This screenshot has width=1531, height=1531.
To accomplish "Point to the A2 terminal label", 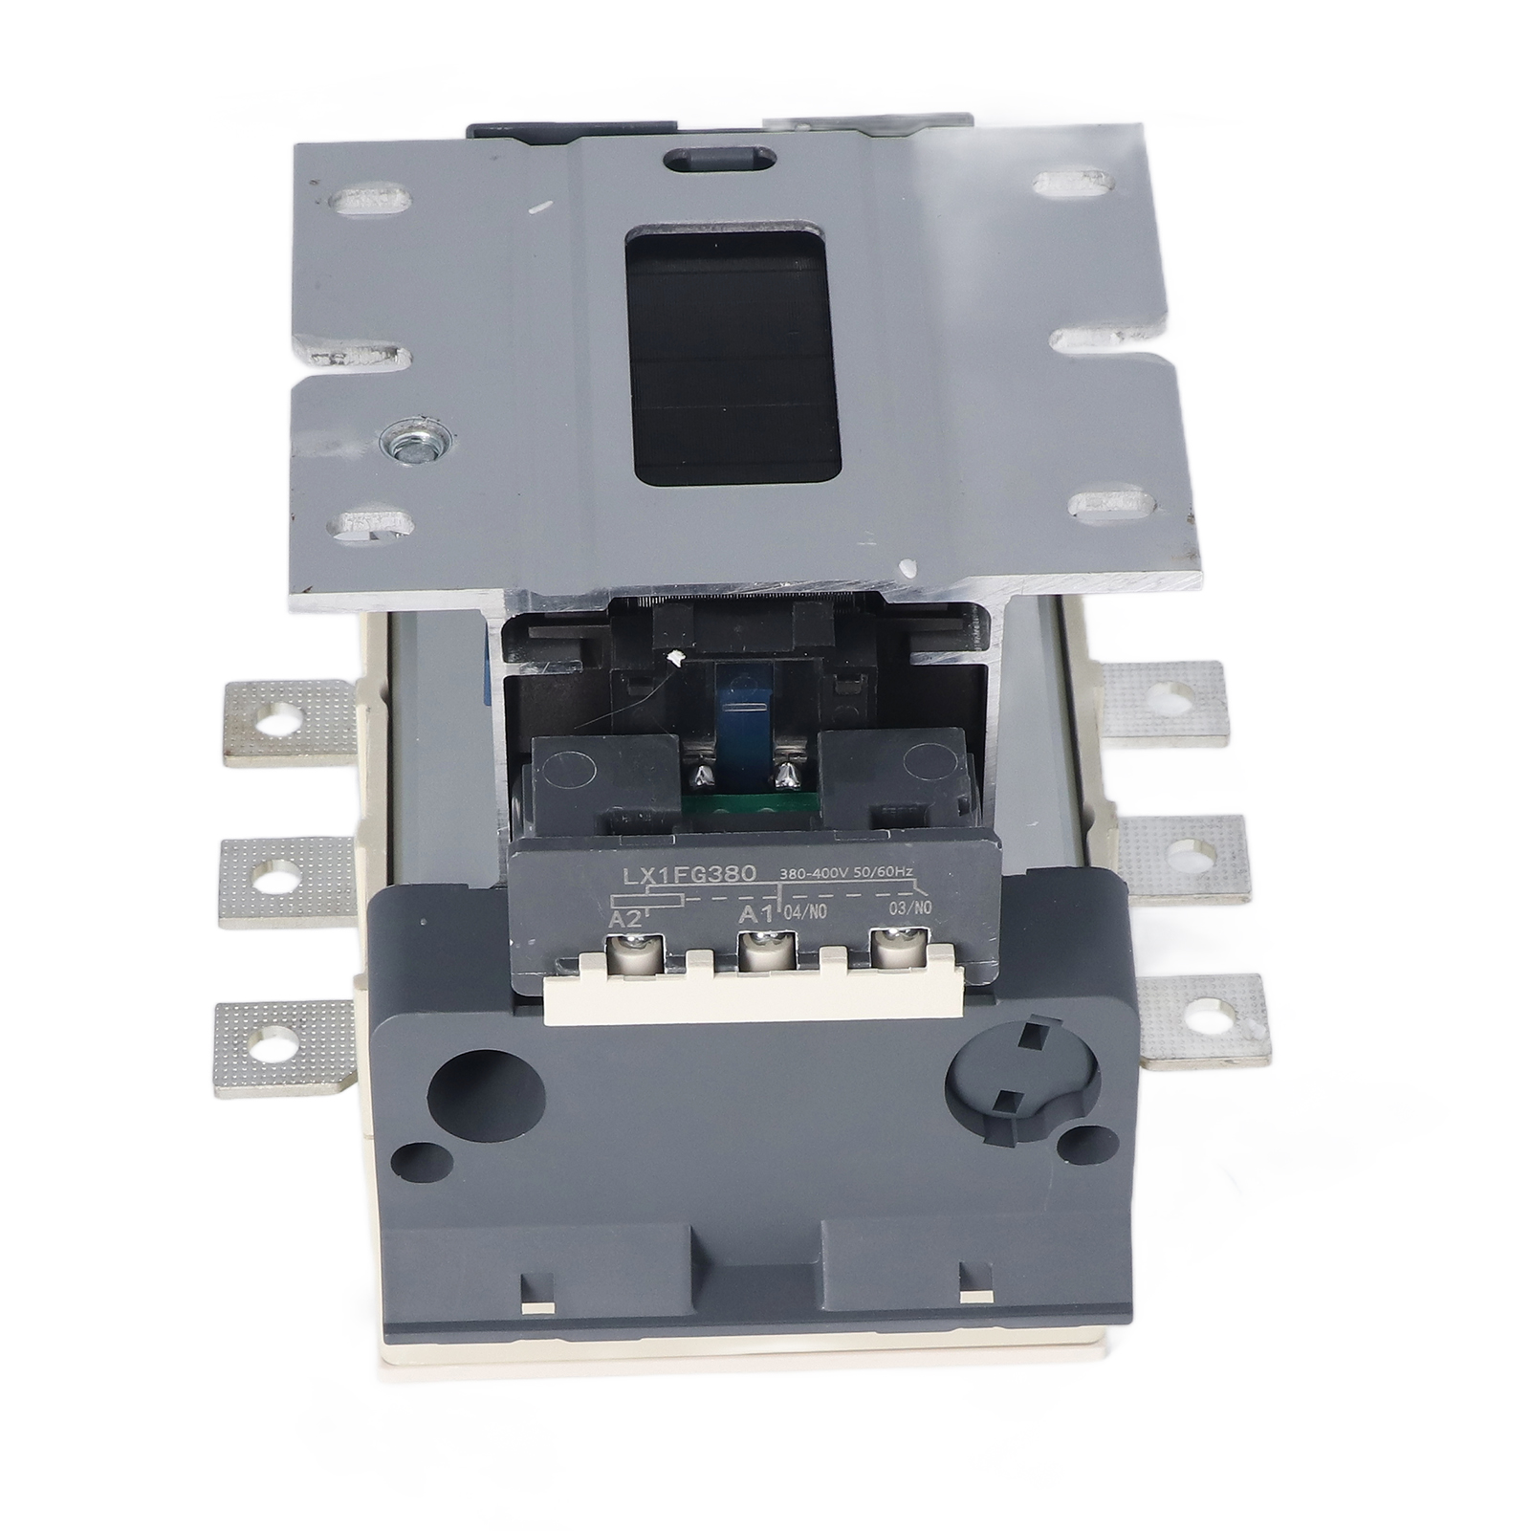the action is point(625,919).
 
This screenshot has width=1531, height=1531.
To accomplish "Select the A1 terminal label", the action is point(757,915).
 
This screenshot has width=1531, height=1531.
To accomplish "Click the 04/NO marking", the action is point(804,912).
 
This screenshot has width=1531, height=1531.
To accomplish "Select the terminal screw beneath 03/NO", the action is point(891,947).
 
